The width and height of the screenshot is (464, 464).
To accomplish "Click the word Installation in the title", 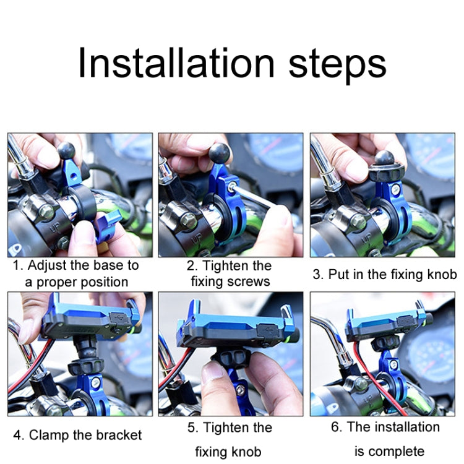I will (177, 63).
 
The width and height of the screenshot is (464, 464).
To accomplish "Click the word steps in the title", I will (337, 64).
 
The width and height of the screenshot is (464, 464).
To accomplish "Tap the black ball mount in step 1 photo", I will (66, 151).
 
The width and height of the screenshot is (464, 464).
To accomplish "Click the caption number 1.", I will (18, 266).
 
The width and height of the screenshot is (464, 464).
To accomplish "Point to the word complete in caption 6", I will (397, 451).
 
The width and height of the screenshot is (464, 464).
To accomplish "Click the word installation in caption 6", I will (406, 427).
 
